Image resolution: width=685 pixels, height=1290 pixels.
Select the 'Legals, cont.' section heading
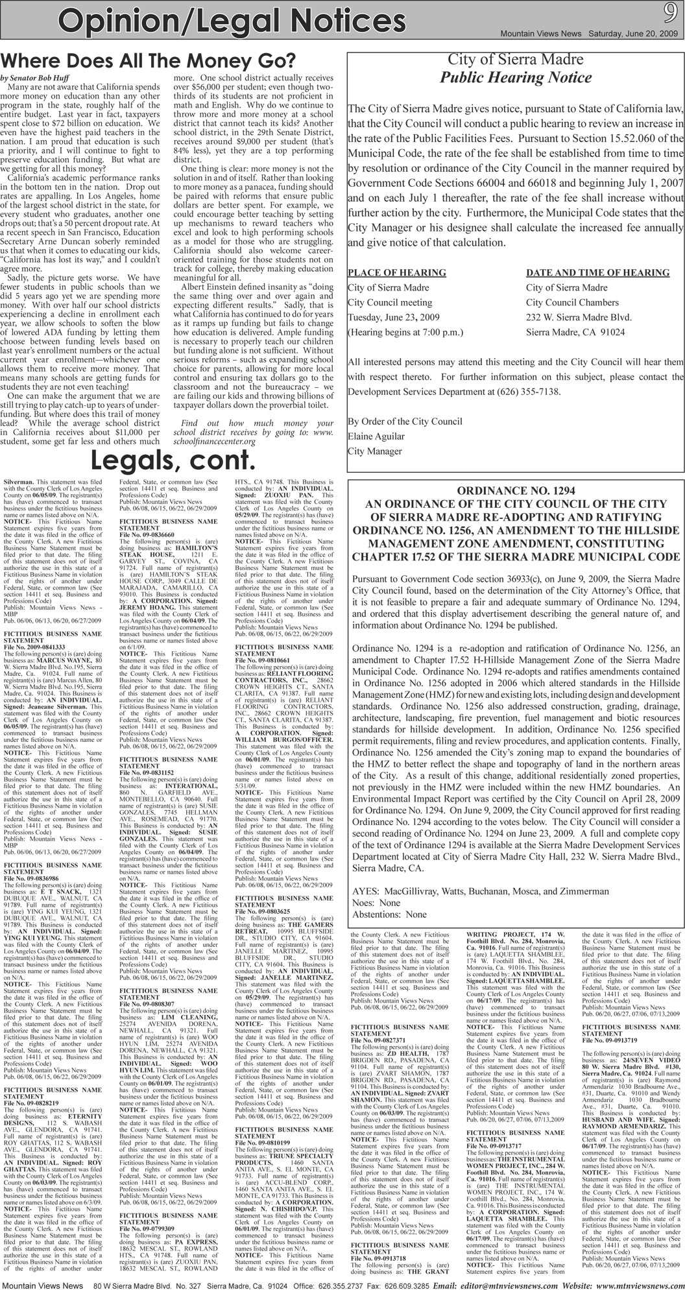pos(171,461)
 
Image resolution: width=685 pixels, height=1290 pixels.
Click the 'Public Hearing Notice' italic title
pos(516,78)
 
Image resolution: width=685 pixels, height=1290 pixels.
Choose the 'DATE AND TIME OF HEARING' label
pos(597,272)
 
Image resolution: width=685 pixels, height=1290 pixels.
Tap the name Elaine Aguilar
pos(377,436)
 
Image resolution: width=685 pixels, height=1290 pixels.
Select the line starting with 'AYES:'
pos(480,891)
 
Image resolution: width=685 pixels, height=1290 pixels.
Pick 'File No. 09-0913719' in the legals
pos(612,1040)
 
